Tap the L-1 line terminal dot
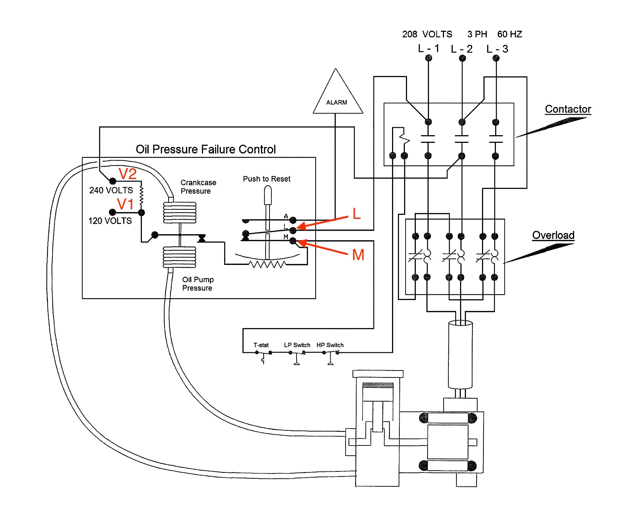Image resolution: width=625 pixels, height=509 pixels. [429, 58]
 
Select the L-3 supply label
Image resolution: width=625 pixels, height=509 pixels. [497, 49]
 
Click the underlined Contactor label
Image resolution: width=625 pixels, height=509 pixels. [568, 109]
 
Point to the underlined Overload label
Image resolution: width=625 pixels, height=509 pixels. [553, 235]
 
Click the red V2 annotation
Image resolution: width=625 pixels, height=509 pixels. [128, 174]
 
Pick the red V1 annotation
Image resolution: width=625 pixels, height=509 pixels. [125, 204]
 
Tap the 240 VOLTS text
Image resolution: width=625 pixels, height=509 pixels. [111, 190]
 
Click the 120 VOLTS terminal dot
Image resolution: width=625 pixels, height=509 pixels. [113, 212]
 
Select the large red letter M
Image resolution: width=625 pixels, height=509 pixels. [358, 255]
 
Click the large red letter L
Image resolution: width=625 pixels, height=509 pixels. [356, 214]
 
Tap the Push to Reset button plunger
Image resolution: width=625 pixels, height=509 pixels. [268, 196]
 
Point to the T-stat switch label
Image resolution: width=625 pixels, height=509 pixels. [261, 345]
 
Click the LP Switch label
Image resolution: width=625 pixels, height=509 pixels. [297, 345]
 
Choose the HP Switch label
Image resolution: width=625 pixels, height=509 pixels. [330, 345]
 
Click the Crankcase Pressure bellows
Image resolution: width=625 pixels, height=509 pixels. [180, 212]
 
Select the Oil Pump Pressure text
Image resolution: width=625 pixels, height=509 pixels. [198, 284]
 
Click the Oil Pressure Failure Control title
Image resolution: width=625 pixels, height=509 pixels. [206, 149]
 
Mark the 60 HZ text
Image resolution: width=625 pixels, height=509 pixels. [509, 34]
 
